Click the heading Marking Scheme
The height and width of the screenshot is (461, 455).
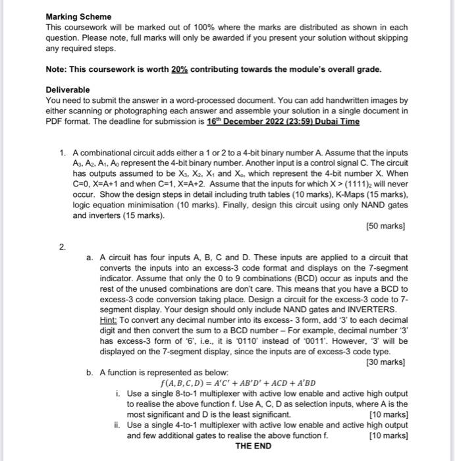point(78,16)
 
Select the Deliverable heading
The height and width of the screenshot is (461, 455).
point(68,90)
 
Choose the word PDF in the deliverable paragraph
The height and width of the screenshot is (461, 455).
point(54,122)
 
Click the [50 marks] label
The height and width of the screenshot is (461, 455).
point(386,226)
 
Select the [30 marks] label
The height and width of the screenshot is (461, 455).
point(386,362)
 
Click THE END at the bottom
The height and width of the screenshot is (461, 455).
point(253,446)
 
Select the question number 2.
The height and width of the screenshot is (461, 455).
point(63,247)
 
